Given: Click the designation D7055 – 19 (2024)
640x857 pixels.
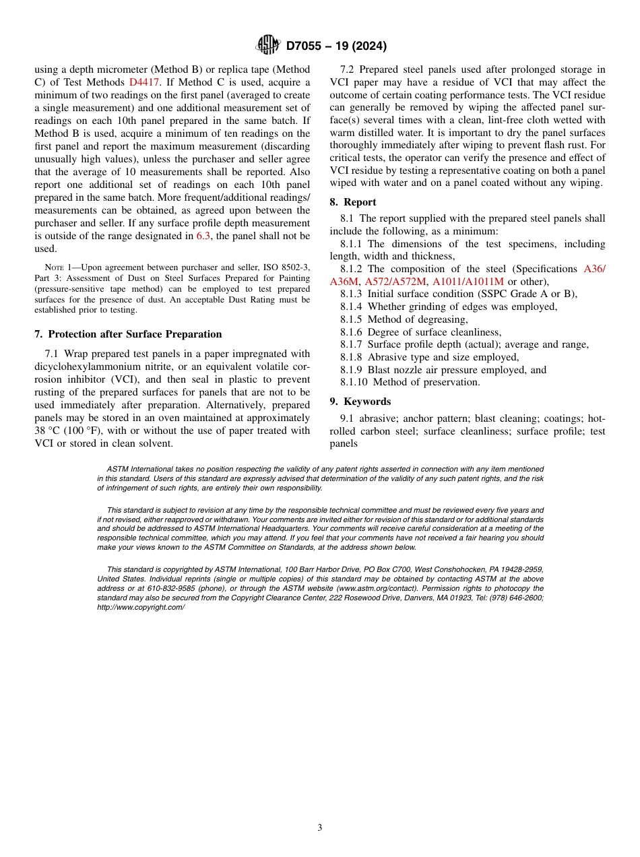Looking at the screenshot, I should coord(336,46).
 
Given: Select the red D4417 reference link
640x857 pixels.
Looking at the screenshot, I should coord(144,82).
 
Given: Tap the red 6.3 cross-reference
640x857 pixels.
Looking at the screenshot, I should coord(203,236).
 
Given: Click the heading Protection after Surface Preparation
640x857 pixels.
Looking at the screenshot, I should coord(135,334).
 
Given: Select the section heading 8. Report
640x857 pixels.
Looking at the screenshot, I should coord(353,202).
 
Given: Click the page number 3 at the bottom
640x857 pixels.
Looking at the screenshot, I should coord(320,827).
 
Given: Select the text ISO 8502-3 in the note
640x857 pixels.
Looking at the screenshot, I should coord(283,267).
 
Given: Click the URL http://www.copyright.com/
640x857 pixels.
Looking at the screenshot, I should coord(141,607).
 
